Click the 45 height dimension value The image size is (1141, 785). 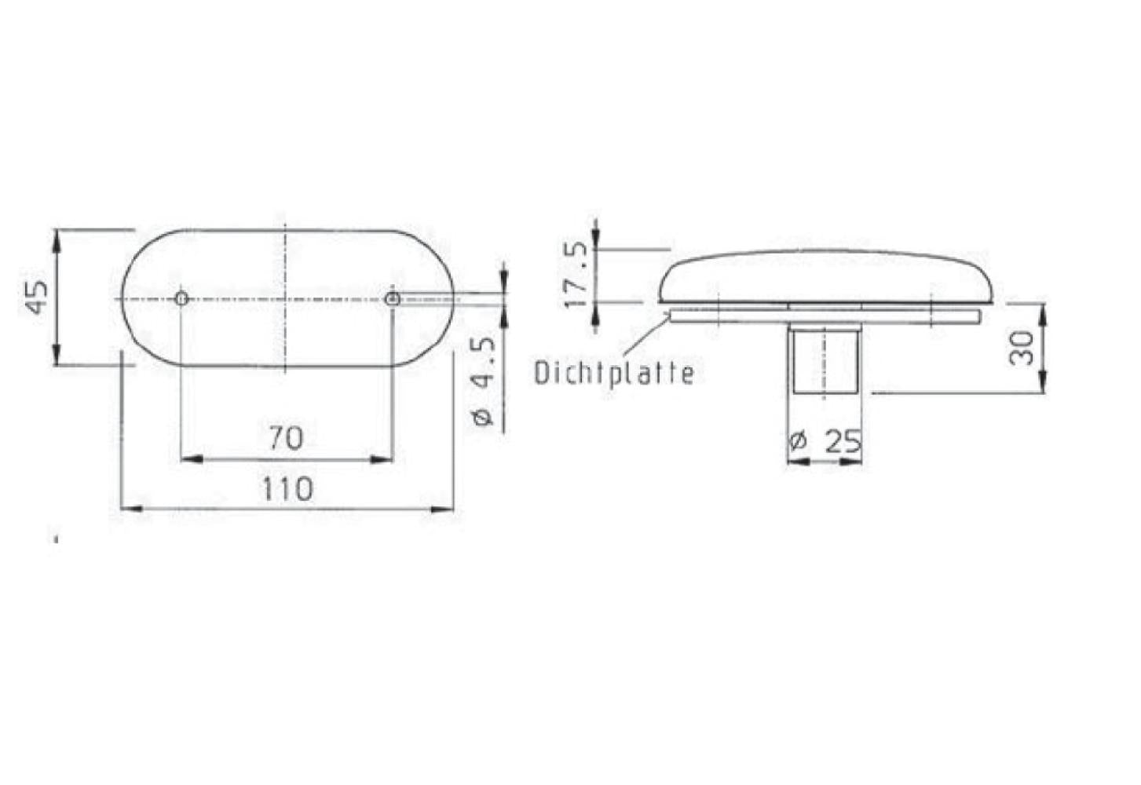click(37, 296)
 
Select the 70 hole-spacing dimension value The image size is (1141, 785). click(286, 437)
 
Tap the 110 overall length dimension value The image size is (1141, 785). click(287, 489)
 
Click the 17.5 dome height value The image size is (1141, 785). click(577, 275)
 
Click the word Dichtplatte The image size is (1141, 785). click(614, 373)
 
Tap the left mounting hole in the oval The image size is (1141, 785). click(181, 298)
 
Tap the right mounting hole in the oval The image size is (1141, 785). click(392, 298)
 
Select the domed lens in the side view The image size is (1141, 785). click(825, 276)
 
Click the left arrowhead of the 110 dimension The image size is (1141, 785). click(130, 509)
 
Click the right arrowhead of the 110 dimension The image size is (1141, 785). click(444, 509)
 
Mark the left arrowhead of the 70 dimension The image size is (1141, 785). click(191, 458)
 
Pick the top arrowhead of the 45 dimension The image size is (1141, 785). click(57, 239)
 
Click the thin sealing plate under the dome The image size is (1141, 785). click(825, 315)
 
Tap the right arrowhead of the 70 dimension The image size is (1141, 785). click(382, 458)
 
